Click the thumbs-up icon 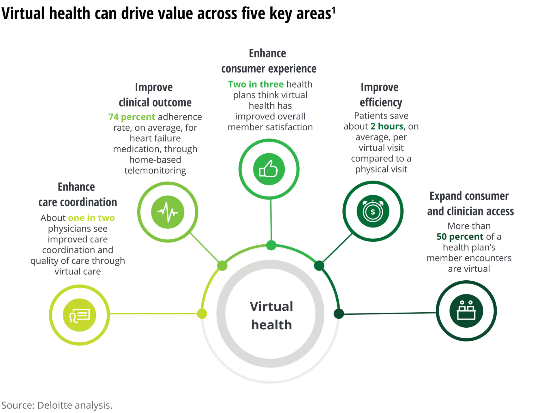269,169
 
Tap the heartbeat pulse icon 168,212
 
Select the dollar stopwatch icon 373,211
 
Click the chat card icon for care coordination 79,315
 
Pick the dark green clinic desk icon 466,311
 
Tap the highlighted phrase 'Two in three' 256,84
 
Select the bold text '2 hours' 387,126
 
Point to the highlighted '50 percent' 460,236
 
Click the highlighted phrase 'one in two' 91,218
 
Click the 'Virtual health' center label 271,315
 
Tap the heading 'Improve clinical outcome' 155,95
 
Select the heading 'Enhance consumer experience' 269,61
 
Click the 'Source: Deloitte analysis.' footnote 57,405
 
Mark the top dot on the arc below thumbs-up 271,245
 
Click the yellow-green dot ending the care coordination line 202,313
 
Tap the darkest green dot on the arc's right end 339,313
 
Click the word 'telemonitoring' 155,170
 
